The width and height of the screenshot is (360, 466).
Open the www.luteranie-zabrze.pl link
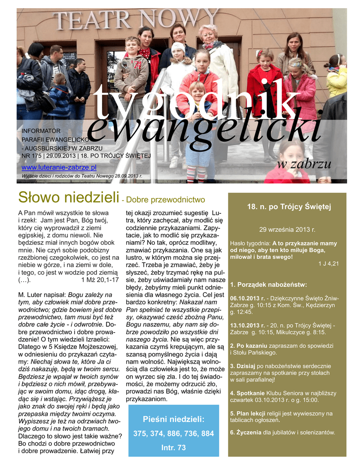[59, 167]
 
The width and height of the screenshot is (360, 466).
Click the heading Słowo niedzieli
[68, 198]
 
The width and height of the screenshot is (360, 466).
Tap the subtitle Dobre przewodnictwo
[165, 199]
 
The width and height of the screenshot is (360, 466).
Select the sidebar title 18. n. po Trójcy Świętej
[289, 207]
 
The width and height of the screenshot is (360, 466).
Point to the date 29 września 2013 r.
[287, 229]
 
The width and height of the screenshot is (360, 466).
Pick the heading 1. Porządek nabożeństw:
[269, 285]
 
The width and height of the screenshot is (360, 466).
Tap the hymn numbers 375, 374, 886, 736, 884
[173, 434]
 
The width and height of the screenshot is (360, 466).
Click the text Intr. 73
[173, 448]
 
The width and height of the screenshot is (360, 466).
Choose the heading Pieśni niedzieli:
[173, 419]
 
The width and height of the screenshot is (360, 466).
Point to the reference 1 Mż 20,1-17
[100, 279]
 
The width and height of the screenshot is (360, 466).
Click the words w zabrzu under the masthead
[304, 164]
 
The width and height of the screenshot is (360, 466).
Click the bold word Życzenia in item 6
[248, 432]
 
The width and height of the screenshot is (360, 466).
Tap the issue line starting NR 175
[86, 156]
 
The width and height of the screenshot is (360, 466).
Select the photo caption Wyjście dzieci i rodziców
[82, 176]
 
